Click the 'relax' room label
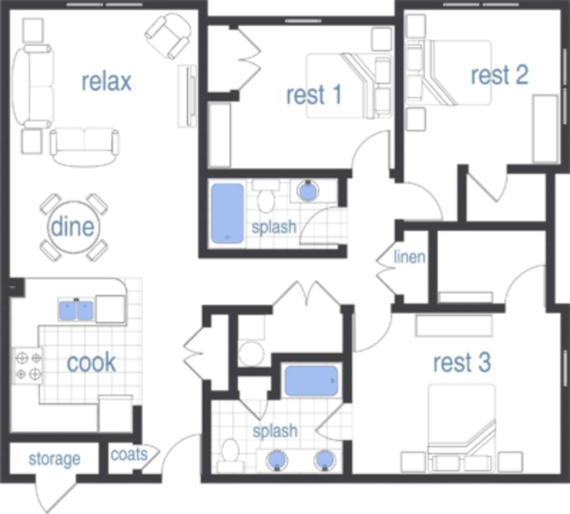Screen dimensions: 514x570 106,81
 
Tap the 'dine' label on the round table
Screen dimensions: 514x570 73,227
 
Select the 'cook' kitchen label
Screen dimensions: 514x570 91,363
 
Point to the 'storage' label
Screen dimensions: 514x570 54,459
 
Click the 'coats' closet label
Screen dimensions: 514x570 129,454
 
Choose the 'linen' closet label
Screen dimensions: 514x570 409,257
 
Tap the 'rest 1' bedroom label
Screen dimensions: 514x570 313,95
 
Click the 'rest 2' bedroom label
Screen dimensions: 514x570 499,75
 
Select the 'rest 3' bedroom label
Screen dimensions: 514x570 462,362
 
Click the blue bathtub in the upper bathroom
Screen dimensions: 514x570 228,214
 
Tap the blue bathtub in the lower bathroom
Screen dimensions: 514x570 311,381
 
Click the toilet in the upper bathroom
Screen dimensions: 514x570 266,198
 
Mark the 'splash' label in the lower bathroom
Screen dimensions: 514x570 275,431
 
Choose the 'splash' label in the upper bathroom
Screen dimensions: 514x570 274,227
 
